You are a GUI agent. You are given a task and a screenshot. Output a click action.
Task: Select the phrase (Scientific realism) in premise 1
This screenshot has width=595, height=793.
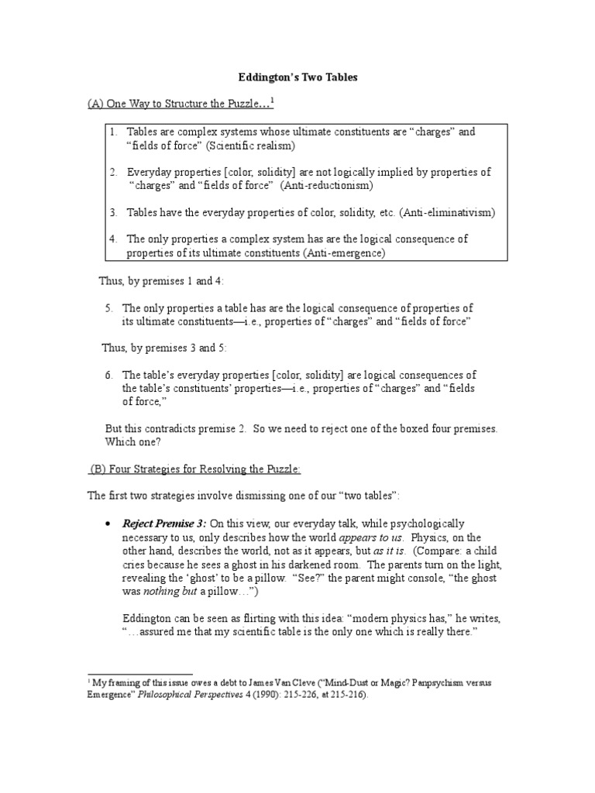[256, 145]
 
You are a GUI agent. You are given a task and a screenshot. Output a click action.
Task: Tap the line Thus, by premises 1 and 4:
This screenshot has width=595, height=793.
[163, 280]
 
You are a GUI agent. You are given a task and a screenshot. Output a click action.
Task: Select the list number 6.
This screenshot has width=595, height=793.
[109, 375]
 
